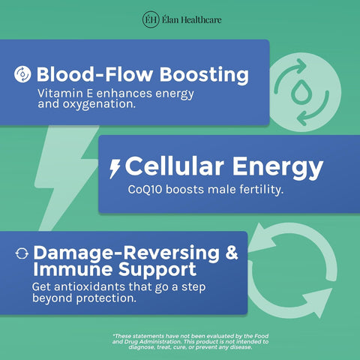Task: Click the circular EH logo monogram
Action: pyautogui.click(x=151, y=19)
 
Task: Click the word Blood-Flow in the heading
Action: pyautogui.click(x=94, y=74)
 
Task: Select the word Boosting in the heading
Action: pyautogui.click(x=204, y=75)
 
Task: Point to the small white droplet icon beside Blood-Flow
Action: pyautogui.click(x=22, y=74)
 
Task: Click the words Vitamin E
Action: pyautogui.click(x=65, y=93)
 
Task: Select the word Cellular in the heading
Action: pyautogui.click(x=175, y=166)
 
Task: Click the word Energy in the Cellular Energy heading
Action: pyautogui.click(x=277, y=168)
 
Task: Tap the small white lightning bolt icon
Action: pyautogui.click(x=115, y=169)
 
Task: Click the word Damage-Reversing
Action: pyautogui.click(x=127, y=253)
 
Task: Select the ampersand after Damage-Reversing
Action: pyautogui.click(x=232, y=253)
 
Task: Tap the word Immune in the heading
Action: pyautogui.click(x=73, y=269)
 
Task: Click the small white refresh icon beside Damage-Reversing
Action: pyautogui.click(x=22, y=253)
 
